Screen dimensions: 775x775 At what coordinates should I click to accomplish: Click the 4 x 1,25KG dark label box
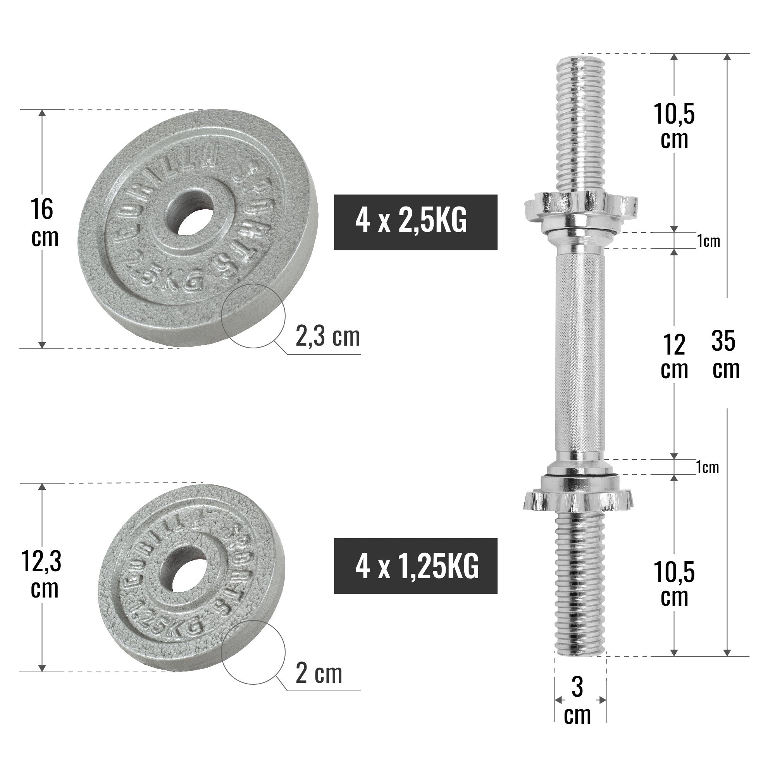(415, 567)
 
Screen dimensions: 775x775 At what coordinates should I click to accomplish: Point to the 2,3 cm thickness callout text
(327, 337)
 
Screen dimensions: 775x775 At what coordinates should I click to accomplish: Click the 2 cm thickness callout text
(319, 674)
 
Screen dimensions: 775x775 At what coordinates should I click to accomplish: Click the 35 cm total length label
(725, 355)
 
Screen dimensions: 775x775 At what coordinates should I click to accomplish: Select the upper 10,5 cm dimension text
(674, 126)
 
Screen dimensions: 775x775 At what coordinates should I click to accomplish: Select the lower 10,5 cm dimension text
(674, 584)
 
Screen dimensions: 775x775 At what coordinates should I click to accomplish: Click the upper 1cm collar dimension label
(708, 241)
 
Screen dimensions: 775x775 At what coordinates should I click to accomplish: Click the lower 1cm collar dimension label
(708, 467)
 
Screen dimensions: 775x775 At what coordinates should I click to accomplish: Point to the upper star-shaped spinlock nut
(580, 206)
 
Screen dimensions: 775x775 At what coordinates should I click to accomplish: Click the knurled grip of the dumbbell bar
(580, 353)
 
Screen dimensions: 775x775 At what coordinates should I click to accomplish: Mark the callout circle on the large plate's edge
(254, 316)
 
